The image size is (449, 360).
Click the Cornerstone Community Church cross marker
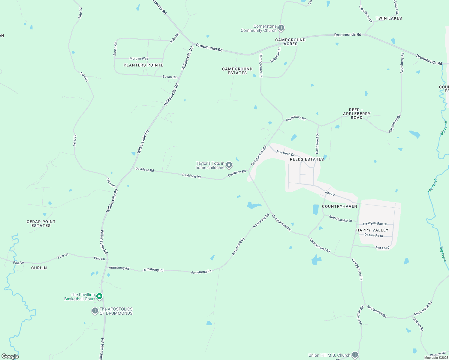click(281, 28)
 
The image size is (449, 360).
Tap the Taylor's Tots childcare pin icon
click(229, 165)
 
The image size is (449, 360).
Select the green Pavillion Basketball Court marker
click(99, 296)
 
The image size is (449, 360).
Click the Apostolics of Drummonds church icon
click(95, 311)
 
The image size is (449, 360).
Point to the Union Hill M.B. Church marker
click(355, 355)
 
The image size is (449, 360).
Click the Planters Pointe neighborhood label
click(143, 65)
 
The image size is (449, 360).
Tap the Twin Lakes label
click(389, 18)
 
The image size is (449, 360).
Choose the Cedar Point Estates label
click(41, 223)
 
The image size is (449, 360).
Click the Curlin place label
click(39, 268)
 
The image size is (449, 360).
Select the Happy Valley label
click(372, 230)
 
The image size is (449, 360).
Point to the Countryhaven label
click(339, 206)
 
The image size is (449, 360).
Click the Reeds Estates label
click(307, 159)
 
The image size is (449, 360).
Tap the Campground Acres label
click(290, 42)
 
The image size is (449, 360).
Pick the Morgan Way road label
click(139, 58)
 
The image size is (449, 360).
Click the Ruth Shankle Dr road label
click(340, 219)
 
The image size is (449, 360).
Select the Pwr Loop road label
click(382, 248)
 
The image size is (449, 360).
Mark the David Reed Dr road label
click(317, 143)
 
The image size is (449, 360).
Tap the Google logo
click(10, 356)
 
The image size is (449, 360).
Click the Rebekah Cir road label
click(275, 55)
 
